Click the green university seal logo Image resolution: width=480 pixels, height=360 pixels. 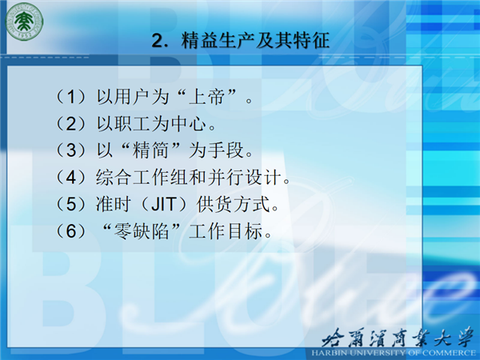pos(25,22)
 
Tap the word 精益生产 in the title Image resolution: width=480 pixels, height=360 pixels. pos(217,40)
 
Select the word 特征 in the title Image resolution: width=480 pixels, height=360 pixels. pos(311,40)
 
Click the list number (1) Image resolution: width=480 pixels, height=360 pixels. pos(70,97)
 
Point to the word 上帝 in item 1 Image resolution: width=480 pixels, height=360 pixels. pos(207,97)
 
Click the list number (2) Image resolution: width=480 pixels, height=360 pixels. pos(70,123)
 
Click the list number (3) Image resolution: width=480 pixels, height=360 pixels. pos(70,150)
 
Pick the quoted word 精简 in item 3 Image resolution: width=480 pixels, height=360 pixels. pos(150,150)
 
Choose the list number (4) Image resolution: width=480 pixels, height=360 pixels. pos(70,177)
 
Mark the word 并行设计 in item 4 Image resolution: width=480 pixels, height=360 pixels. pos(245,177)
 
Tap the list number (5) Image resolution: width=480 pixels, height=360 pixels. pos(70,204)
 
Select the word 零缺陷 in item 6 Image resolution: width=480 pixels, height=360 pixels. pos(141,231)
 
